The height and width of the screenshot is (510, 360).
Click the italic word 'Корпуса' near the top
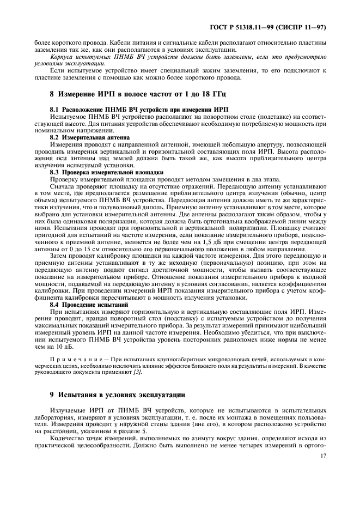pos(63,56)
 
